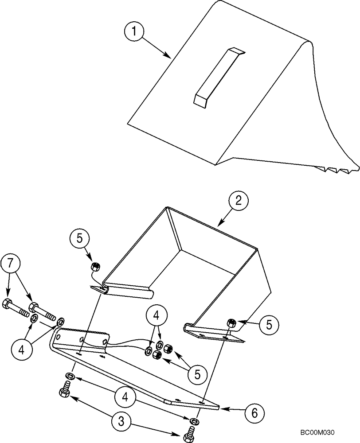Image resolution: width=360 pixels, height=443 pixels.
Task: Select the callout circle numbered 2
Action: click(238, 200)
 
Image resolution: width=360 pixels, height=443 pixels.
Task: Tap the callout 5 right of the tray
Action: click(268, 325)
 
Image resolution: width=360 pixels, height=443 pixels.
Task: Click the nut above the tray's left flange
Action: click(94, 266)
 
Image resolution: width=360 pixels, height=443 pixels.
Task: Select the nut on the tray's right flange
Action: click(230, 322)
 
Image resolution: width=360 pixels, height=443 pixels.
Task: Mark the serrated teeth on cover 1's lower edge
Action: click(335, 169)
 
